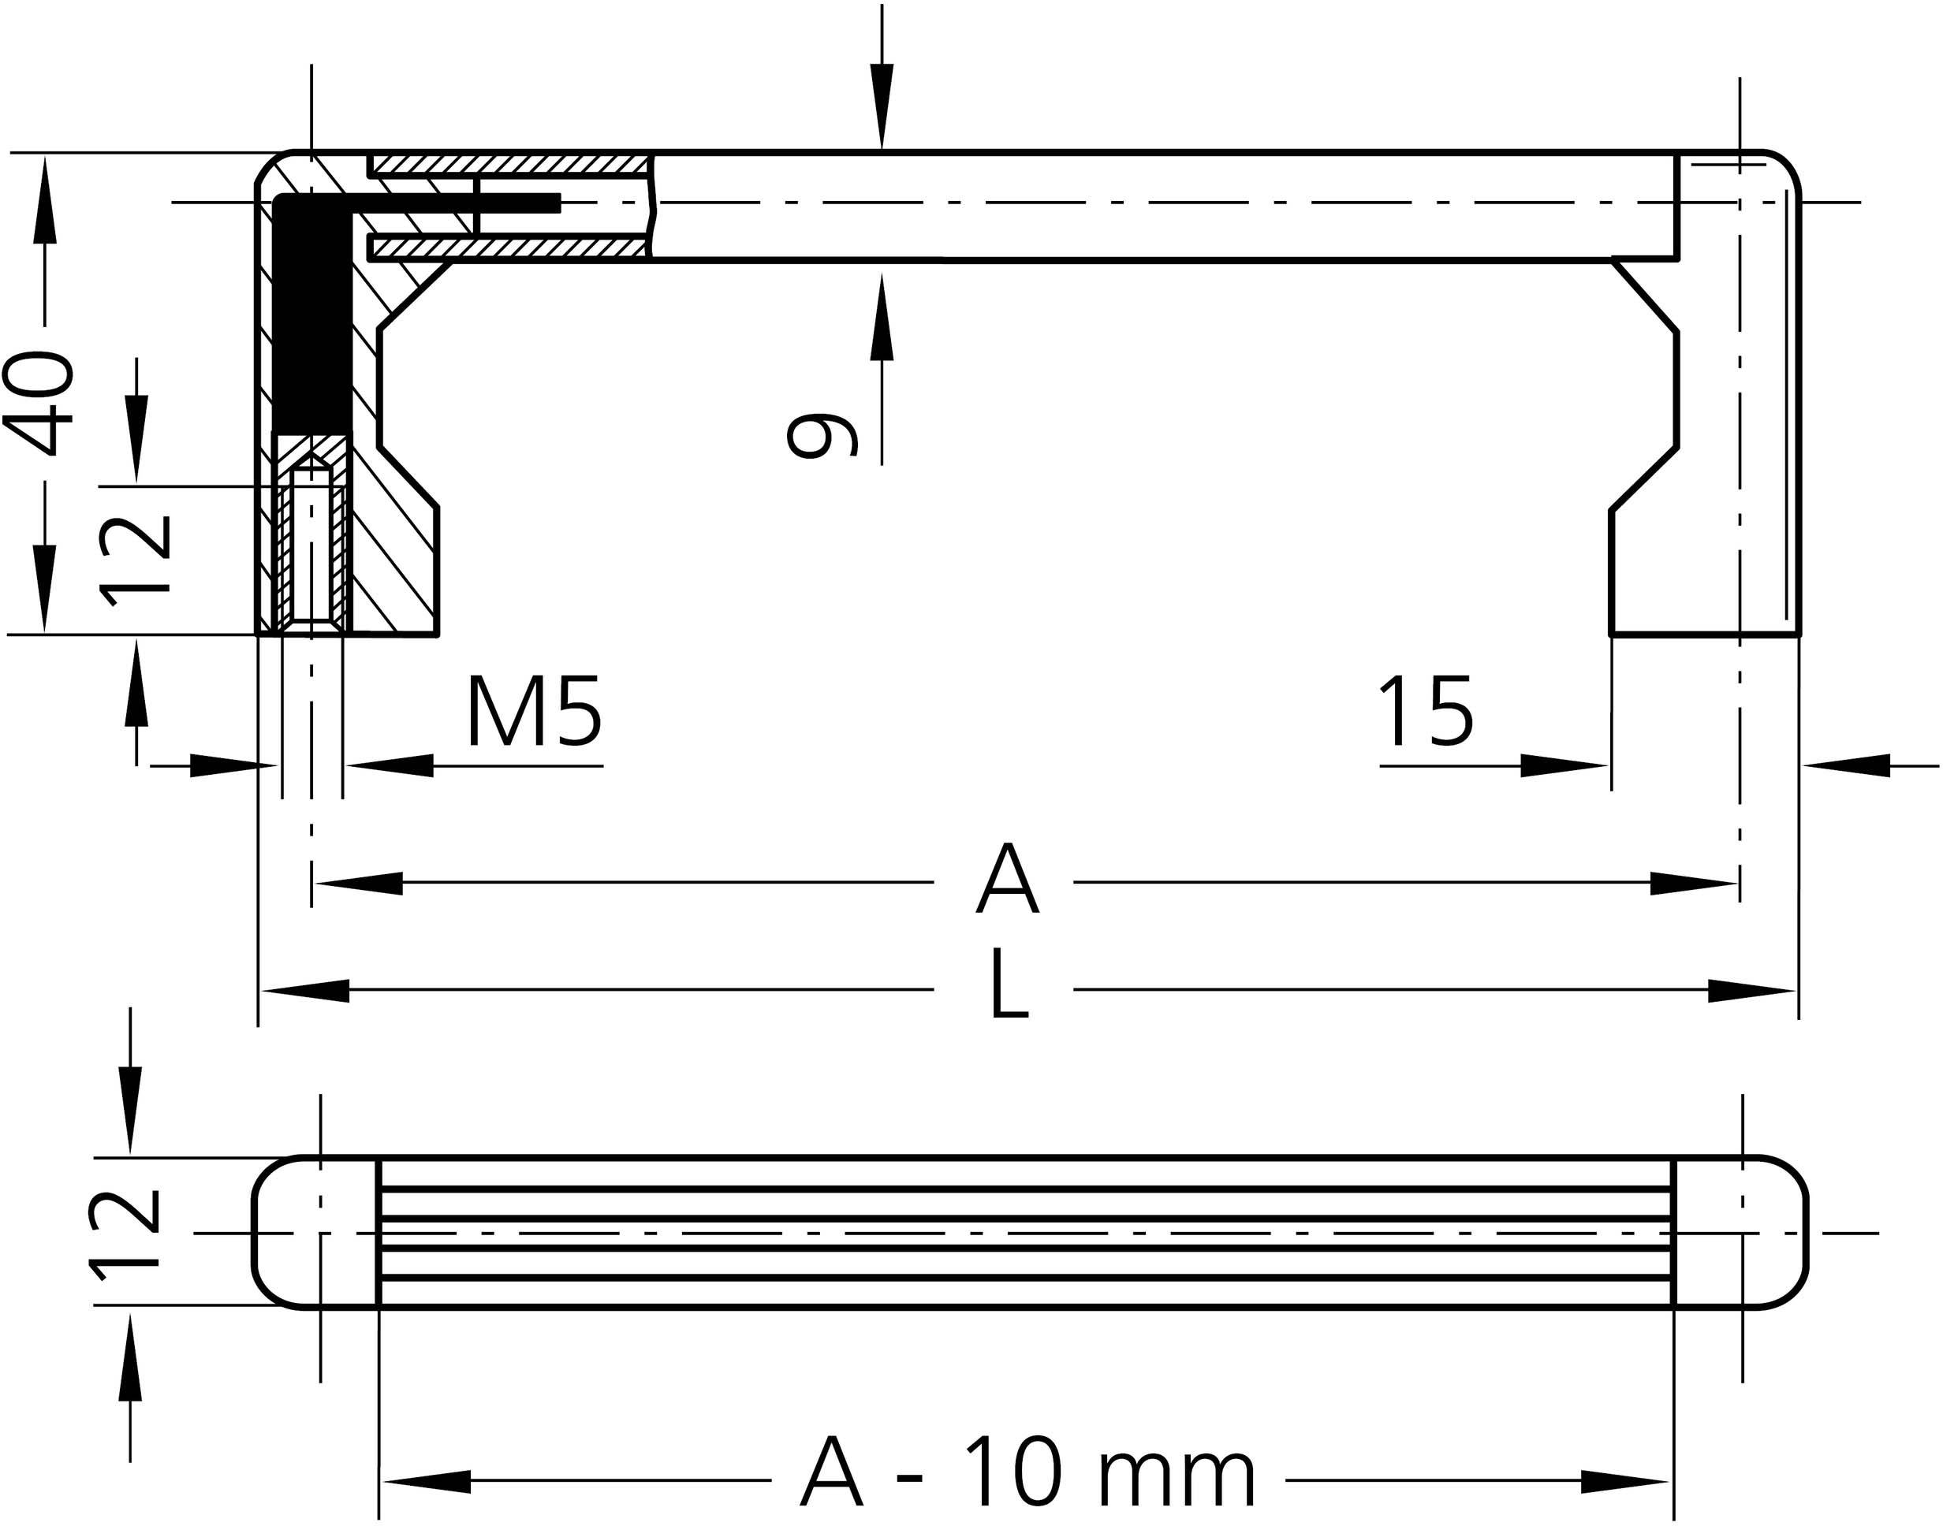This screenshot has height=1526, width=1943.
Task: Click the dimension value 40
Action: click(40, 404)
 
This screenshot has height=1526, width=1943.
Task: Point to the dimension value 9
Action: click(823, 435)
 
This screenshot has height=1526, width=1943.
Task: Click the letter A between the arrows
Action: click(1006, 880)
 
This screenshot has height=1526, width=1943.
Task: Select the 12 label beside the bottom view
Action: click(125, 1231)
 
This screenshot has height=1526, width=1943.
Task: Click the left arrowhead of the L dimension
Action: click(304, 990)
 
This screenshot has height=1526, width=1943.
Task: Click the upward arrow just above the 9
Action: click(882, 317)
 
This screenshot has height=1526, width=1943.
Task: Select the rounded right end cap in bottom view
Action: click(1738, 1231)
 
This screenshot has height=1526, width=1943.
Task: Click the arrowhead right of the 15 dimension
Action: click(1564, 765)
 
